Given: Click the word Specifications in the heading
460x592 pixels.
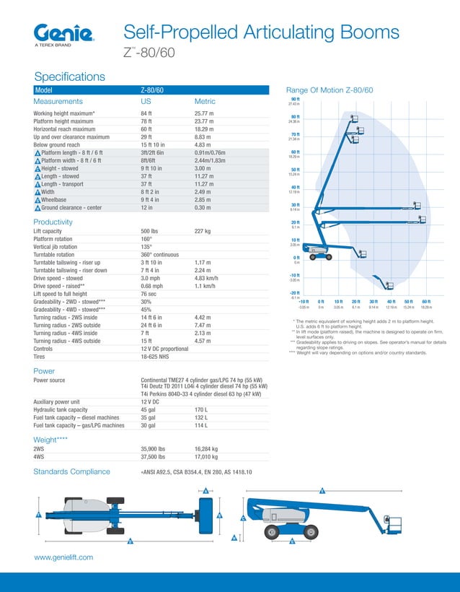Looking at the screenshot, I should coord(69,77).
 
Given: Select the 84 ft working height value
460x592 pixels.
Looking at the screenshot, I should coord(146,114).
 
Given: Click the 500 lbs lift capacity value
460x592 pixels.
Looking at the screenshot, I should coord(150,232).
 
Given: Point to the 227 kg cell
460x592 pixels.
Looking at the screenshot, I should coord(203,232).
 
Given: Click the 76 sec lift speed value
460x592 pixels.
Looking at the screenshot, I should coord(149,294).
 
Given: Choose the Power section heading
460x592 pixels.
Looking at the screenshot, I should coord(45,371).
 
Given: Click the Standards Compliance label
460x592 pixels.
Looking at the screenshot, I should coord(71,472).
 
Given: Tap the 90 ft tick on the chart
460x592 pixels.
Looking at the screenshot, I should coord(295,99).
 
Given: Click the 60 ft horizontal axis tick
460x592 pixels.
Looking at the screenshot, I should coord(426,301).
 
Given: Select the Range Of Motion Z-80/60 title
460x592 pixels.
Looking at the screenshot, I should coord(329,90).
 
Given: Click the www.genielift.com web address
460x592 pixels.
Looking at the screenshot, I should coord(64,557).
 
